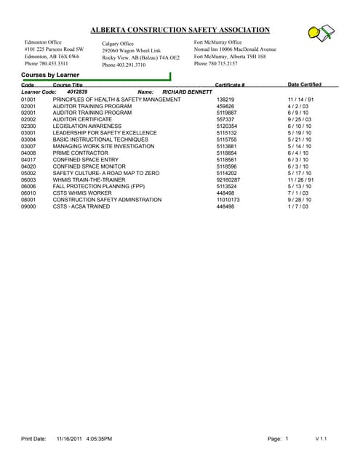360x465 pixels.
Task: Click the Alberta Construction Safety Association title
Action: tap(180, 30)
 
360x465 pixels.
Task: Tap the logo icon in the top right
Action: tap(321, 32)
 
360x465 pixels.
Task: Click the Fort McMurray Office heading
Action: tap(219, 42)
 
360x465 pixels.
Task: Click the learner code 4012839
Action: tap(76, 92)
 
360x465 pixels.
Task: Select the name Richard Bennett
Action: tap(187, 92)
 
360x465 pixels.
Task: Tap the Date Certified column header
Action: tap(304, 84)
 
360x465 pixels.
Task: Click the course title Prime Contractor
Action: tap(80, 153)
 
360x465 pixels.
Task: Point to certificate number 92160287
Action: tap(229, 179)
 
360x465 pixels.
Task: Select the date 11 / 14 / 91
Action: tap(300, 100)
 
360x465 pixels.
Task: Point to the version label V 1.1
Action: tap(321, 440)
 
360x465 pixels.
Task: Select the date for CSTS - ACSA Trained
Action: tap(298, 206)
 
